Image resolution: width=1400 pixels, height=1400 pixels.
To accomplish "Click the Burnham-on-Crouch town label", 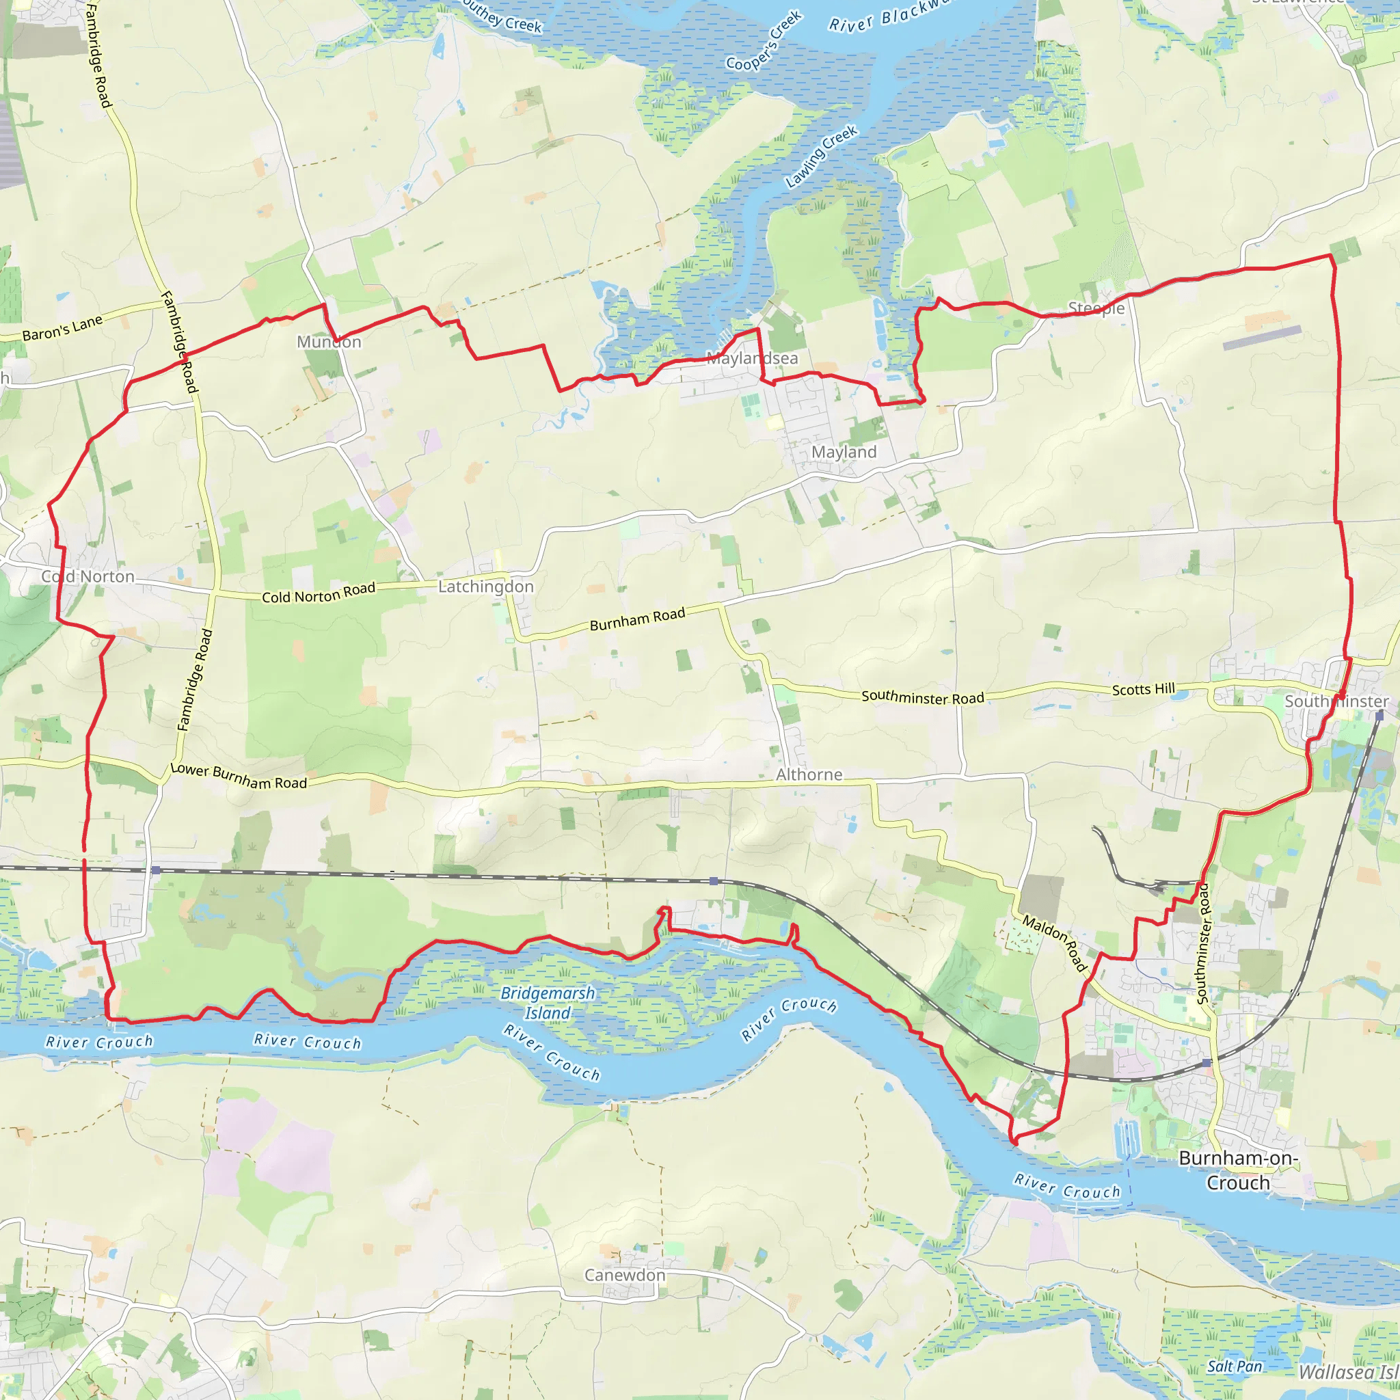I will (x=1238, y=1170).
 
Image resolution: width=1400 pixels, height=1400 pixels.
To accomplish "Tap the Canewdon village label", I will (x=625, y=1275).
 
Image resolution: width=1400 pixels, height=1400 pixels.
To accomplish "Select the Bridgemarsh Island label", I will (x=548, y=1003).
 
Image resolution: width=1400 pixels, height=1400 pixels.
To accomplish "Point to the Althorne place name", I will (x=809, y=775).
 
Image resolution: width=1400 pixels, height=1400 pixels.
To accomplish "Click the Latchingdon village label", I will (x=485, y=587).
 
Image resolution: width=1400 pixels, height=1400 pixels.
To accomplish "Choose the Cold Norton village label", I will (x=87, y=576).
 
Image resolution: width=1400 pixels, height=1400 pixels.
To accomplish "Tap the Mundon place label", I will (x=329, y=341).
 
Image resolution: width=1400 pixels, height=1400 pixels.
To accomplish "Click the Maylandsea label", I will (x=752, y=358).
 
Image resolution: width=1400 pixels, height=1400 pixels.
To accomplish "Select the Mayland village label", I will (x=844, y=452).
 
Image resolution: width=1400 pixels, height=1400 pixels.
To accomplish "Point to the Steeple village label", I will (x=1096, y=308).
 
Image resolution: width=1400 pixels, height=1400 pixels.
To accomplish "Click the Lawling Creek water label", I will (x=822, y=157).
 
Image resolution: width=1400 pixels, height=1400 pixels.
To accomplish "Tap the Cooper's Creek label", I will (x=764, y=41).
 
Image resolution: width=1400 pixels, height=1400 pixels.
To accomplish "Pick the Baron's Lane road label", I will (x=62, y=328).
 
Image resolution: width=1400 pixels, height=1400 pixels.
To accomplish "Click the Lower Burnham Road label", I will (x=239, y=776).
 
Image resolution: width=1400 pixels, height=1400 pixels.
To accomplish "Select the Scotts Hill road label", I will (x=1144, y=689).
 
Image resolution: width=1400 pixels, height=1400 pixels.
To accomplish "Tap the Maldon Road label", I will (x=1055, y=943).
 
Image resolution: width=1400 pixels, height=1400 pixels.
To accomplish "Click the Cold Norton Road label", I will (x=318, y=593).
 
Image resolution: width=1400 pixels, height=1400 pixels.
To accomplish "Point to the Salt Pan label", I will (x=1234, y=1367).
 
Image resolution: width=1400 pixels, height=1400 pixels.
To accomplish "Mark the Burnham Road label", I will (x=637, y=619).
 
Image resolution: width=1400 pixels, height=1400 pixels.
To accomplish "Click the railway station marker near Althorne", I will (x=714, y=881).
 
